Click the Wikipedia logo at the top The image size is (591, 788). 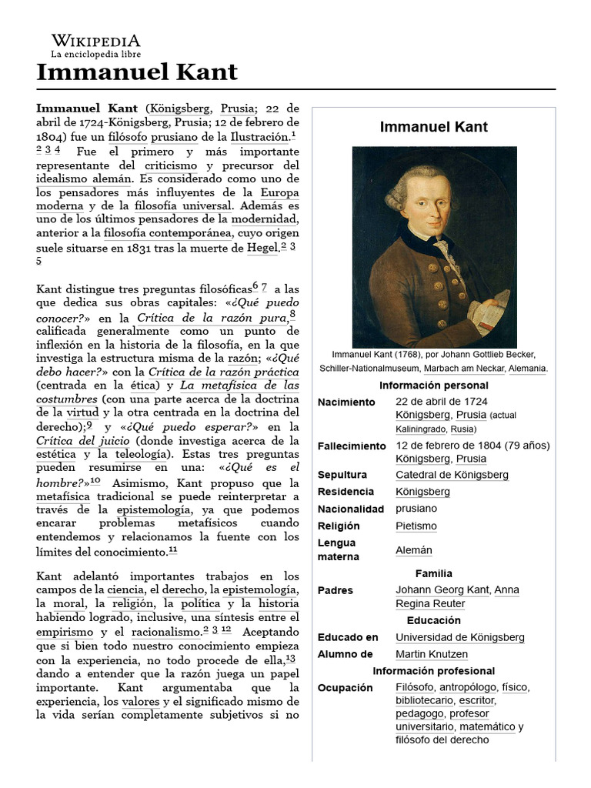pos(95,45)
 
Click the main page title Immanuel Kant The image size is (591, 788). pos(137,72)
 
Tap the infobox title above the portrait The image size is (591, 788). pos(433,127)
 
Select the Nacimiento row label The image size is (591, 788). pos(346,402)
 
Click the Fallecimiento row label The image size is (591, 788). pos(352,446)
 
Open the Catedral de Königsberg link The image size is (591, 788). pos(452,475)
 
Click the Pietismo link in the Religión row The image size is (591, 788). pos(416,526)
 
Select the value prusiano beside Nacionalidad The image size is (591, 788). pos(416,509)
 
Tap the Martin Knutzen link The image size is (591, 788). pos(431,654)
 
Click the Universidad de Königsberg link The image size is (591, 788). pos(459,637)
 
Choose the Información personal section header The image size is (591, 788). pos(433,385)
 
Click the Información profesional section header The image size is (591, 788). pos(433,671)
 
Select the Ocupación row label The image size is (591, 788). pos(345,687)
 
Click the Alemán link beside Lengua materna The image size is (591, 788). pos(413,550)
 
